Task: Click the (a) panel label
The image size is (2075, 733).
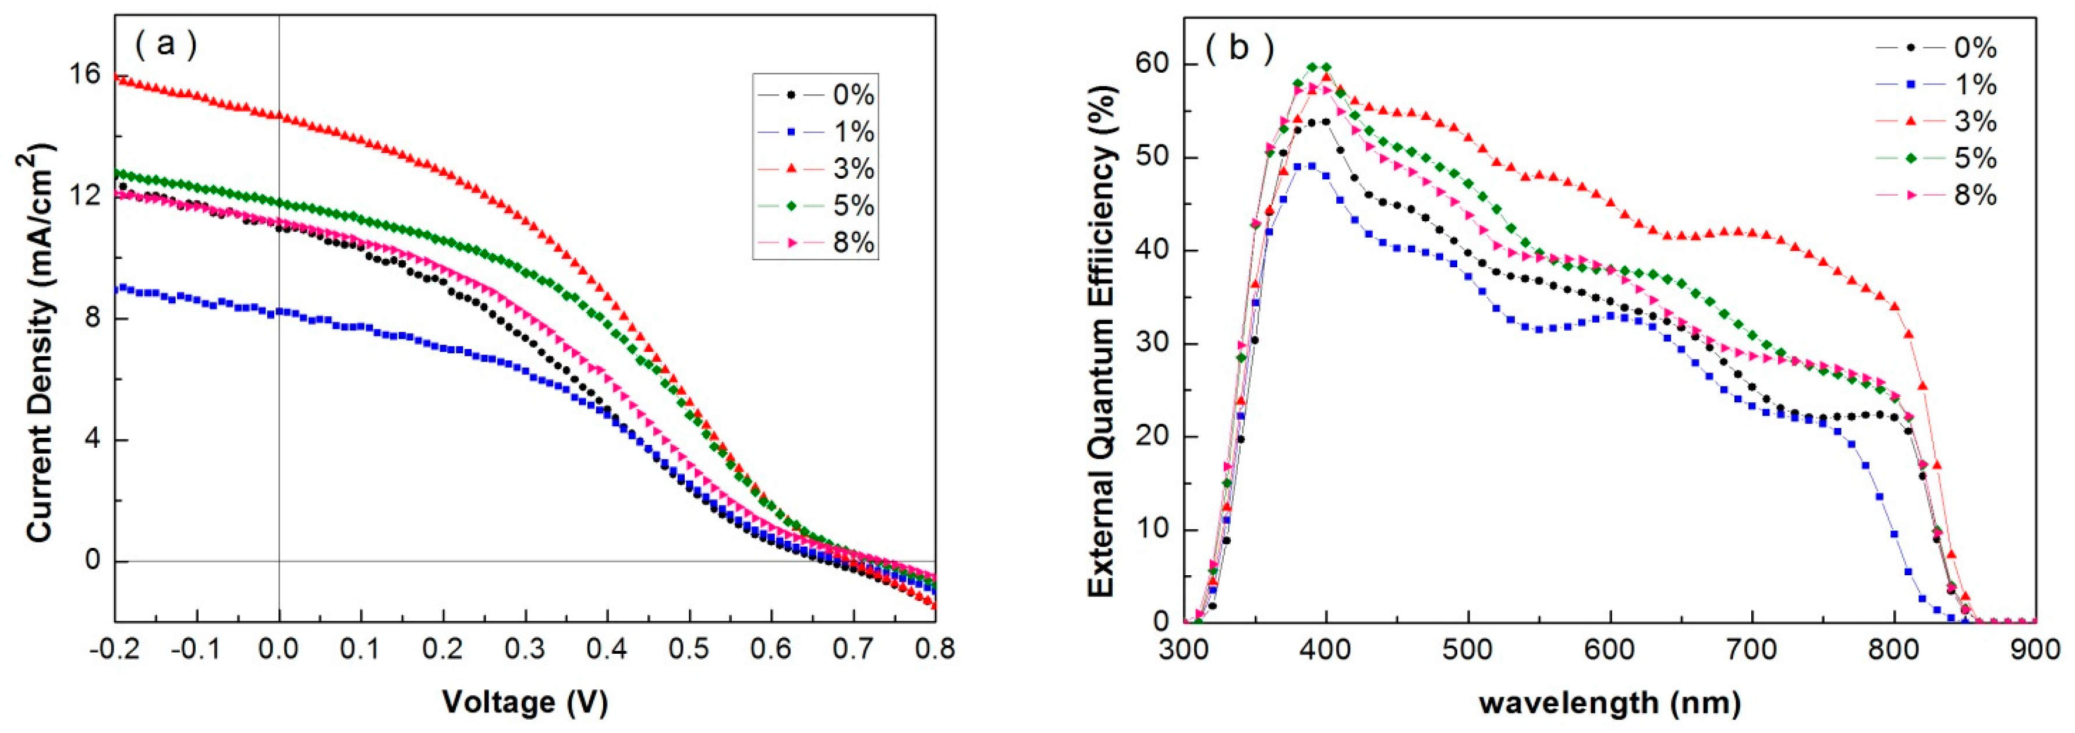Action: coord(165,44)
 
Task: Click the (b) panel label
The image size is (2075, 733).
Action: coord(1240,48)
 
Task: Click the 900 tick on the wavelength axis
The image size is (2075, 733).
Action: coord(2035,649)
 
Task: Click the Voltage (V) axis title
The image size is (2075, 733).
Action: coord(525,702)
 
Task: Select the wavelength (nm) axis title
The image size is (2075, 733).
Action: coord(1609,702)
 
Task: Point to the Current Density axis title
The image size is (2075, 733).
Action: coord(40,342)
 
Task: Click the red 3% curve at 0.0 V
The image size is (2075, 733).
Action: coord(279,116)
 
